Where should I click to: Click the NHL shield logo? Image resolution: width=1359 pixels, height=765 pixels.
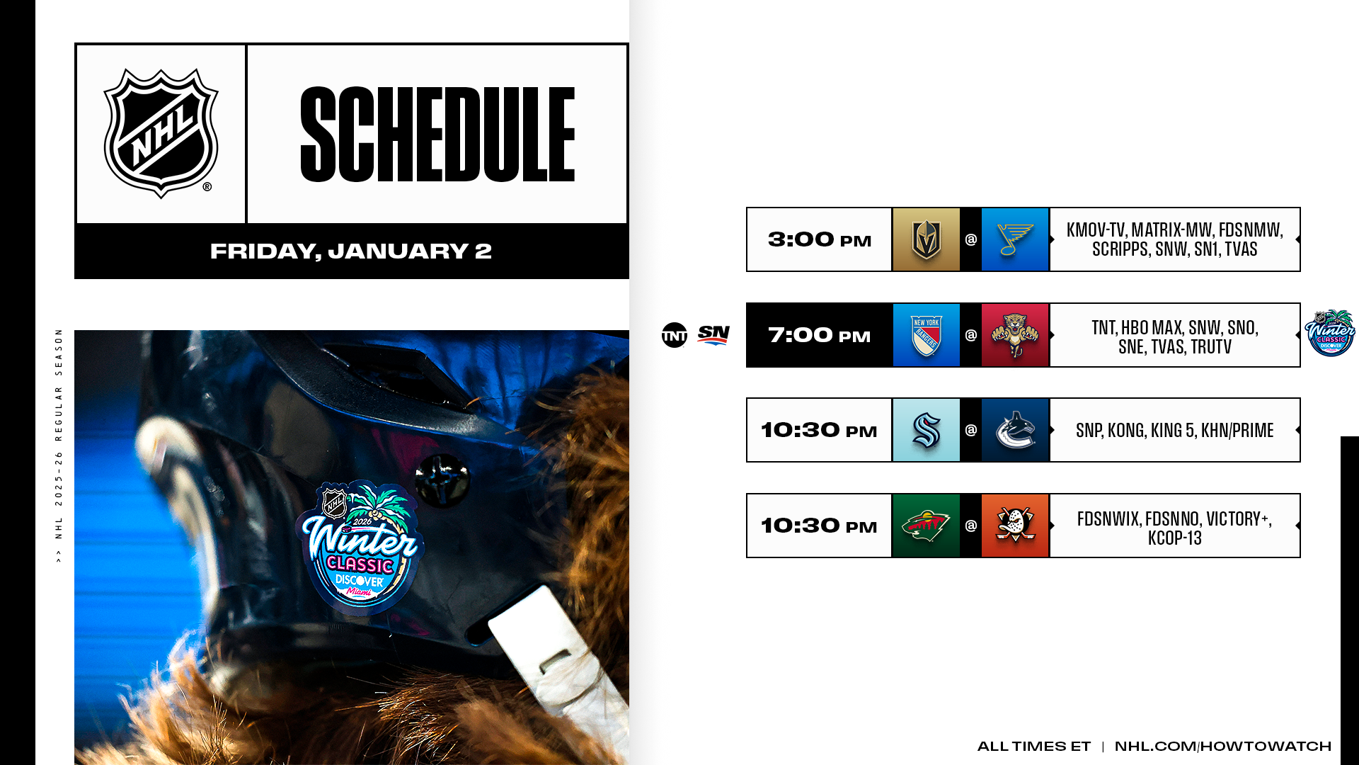161,133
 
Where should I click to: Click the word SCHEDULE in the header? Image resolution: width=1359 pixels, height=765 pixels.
437,135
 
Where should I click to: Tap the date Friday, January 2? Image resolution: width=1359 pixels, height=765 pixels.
351,251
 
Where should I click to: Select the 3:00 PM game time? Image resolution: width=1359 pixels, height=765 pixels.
820,240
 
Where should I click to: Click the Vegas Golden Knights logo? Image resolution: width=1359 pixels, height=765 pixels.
926,239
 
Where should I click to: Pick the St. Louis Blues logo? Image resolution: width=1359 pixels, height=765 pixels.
1015,239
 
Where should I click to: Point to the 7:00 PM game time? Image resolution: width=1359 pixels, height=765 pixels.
820,335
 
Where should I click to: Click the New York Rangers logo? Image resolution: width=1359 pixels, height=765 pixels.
926,335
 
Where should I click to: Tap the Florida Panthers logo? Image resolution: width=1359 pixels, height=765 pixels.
1015,335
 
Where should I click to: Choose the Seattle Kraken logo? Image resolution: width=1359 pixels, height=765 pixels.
926,430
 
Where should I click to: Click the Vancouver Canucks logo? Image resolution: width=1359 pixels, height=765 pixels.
1015,430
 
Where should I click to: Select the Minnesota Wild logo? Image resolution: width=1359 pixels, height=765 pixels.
926,526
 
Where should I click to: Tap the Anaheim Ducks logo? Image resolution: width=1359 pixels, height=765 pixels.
1015,526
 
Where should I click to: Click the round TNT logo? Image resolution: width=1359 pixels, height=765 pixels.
675,335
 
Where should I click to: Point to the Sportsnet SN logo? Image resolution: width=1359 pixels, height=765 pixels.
713,334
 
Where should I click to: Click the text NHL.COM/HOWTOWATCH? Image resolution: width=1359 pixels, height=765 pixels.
1223,746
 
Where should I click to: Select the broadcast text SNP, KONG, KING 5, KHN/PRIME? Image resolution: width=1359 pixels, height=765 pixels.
1175,430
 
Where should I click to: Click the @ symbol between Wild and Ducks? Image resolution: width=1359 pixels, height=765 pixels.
971,526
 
